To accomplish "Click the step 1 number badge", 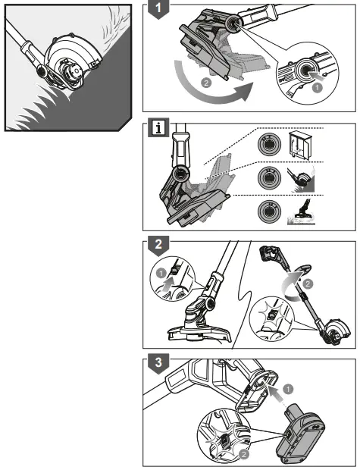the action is [158, 8].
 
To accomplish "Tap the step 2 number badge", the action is [158, 245].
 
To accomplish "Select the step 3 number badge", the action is [158, 363].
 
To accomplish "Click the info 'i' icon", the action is [158, 128].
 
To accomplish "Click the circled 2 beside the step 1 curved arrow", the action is [206, 83].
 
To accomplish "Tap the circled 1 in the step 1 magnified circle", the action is [317, 87].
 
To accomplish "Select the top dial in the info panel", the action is [269, 145].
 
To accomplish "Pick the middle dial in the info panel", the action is [269, 177].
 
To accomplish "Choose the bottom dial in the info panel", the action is [269, 211].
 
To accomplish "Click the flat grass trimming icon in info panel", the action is [301, 212].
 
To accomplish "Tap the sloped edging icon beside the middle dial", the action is [301, 179].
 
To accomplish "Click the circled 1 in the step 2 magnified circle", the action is [162, 274].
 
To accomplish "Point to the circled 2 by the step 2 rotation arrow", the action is [308, 284].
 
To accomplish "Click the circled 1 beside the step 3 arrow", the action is [288, 390].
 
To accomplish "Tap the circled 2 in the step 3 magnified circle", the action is [244, 454].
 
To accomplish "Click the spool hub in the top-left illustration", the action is [74, 71].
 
